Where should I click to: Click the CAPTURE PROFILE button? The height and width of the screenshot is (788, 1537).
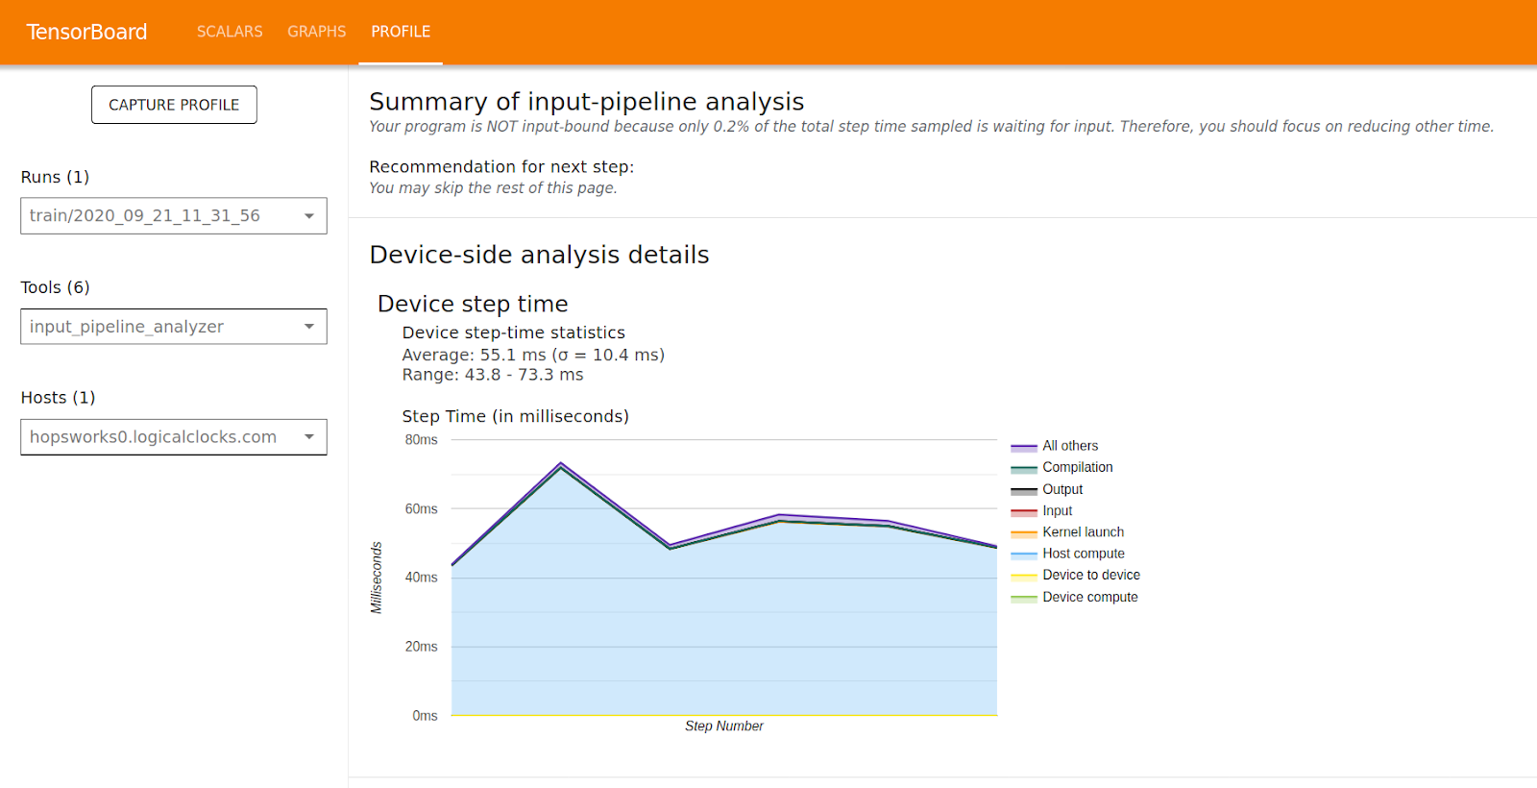174,105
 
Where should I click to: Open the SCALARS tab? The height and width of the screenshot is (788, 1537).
230,32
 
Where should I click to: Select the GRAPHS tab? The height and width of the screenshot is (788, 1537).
316,32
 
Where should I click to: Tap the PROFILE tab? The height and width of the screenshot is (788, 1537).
401,32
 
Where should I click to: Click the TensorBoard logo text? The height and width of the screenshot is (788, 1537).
86,32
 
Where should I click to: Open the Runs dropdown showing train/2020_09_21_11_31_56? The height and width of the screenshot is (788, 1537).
173,216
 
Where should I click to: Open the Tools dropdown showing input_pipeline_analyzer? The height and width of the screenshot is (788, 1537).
173,327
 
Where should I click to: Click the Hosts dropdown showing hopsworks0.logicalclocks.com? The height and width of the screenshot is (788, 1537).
173,437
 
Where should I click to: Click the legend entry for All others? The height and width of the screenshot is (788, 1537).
1069,446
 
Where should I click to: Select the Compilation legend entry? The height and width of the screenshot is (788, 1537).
1077,467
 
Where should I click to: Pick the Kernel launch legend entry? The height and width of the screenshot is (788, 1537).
1083,532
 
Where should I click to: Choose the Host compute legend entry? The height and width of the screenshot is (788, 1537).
1083,554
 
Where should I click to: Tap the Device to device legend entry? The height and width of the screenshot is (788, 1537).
1090,575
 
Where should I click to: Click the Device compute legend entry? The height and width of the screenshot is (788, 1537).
1089,597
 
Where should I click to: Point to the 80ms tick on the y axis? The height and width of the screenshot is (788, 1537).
421,440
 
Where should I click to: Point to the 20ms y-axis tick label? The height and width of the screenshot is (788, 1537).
421,647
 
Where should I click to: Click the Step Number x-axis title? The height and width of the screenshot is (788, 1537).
723,726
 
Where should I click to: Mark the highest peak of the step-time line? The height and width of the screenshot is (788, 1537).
561,464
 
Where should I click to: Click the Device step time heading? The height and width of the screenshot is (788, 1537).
473,304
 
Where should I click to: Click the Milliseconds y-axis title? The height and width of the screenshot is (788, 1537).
377,578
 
